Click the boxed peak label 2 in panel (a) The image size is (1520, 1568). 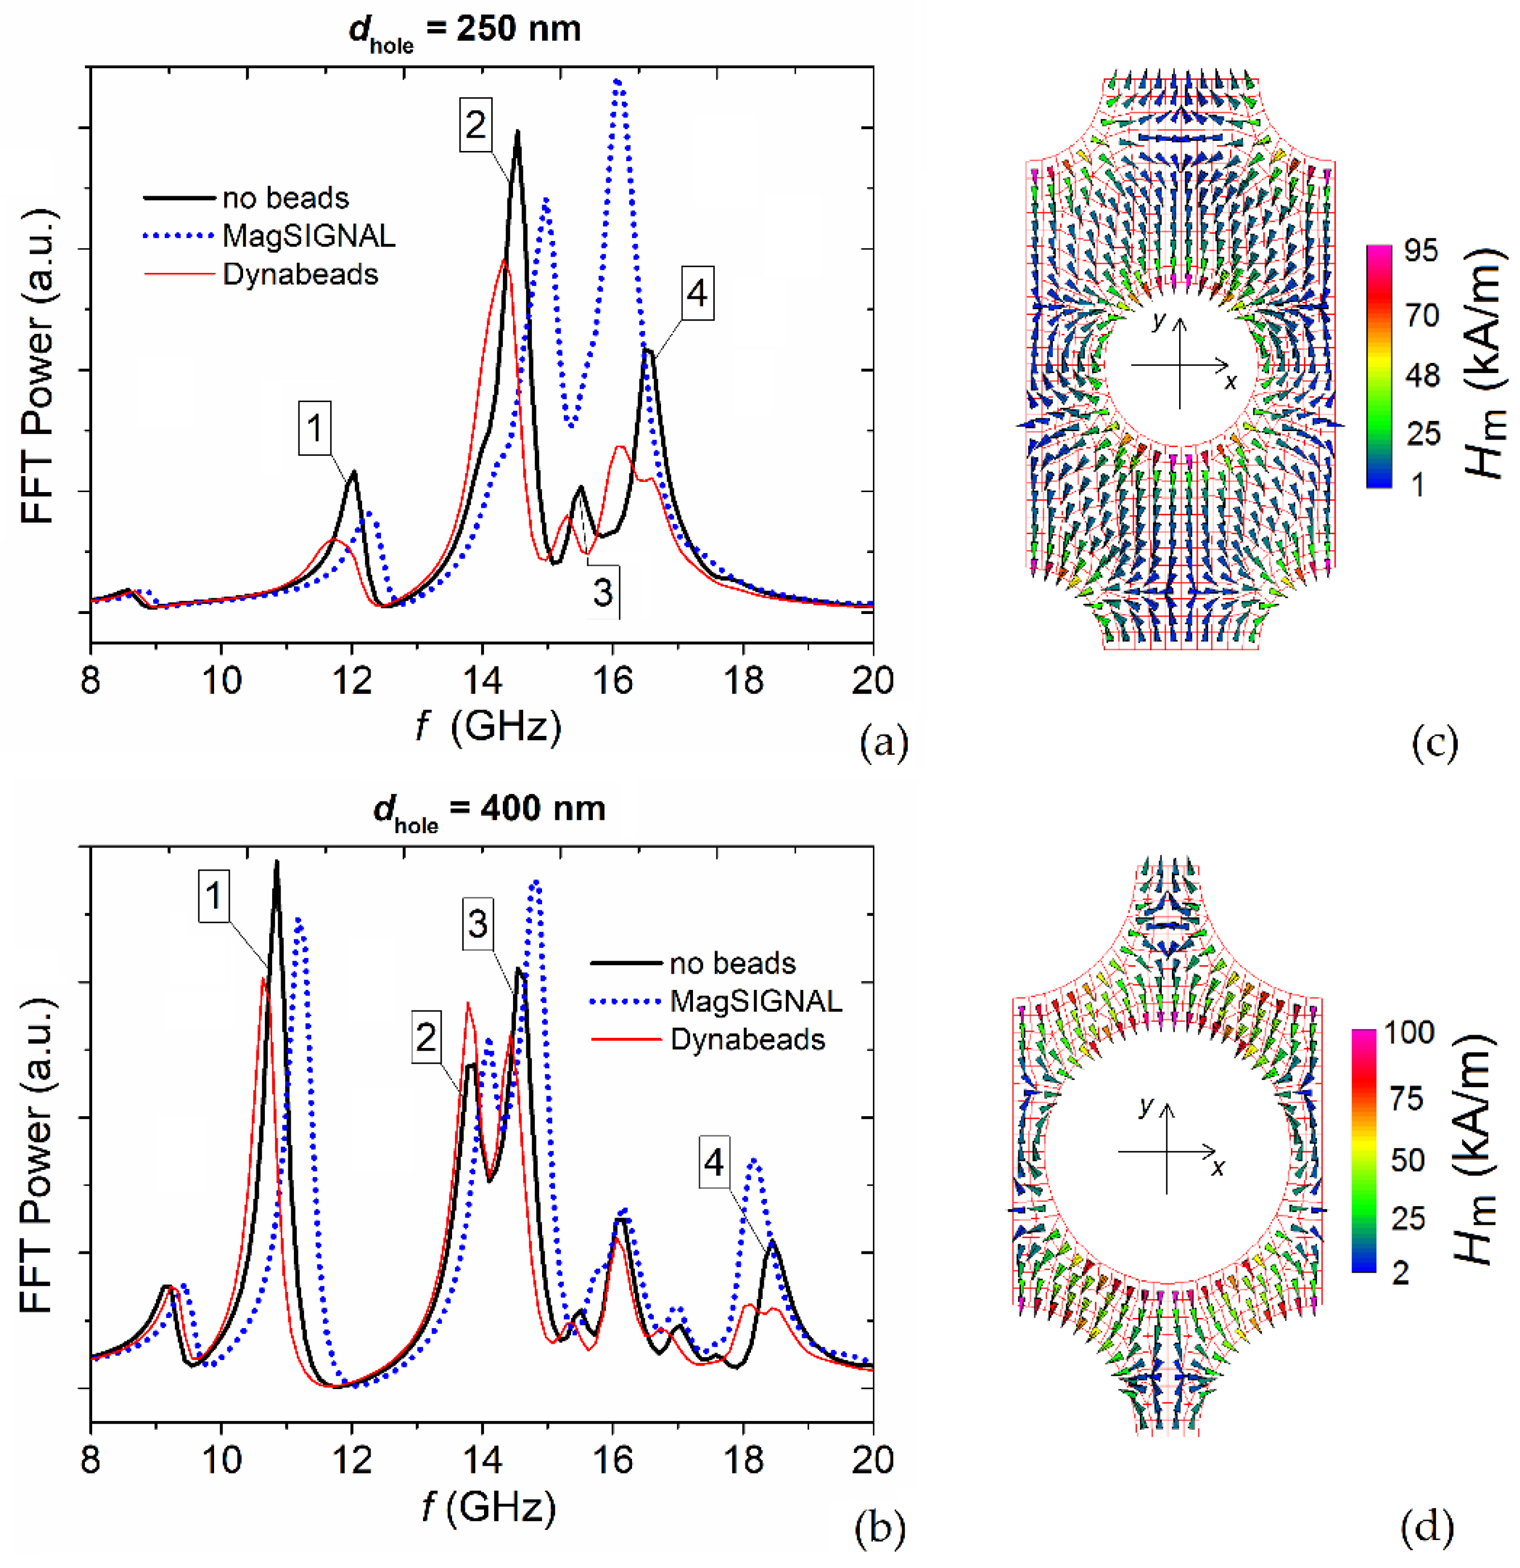476,125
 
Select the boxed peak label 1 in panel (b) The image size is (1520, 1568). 214,895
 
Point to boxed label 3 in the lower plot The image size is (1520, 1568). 477,924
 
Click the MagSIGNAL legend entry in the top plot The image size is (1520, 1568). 308,236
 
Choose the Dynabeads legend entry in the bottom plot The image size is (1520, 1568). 747,1039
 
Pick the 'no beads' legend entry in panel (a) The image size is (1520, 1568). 286,197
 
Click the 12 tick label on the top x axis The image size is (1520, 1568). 352,681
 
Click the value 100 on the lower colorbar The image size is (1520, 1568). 1410,1032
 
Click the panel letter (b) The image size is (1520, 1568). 880,1527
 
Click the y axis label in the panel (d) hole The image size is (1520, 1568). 1146,1107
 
